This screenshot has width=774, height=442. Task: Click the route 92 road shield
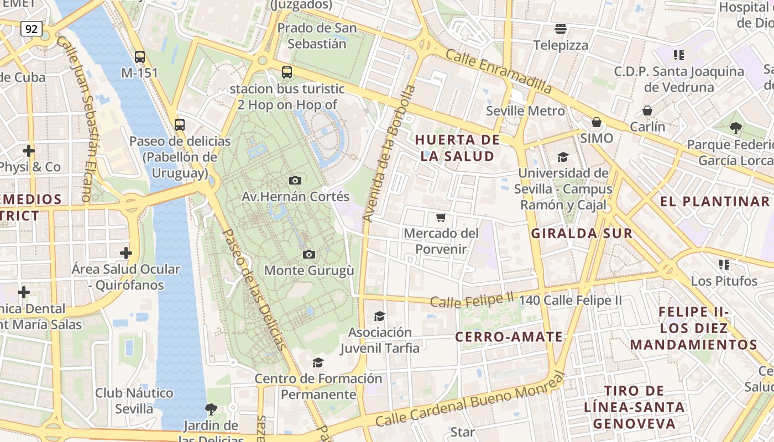click(32, 29)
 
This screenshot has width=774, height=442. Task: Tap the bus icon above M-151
click(140, 56)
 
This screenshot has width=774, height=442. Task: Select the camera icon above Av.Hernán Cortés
click(295, 180)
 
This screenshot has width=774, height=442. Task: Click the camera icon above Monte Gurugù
click(309, 254)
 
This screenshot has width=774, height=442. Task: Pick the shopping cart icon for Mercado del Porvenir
click(441, 217)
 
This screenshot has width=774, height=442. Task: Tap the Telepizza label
click(561, 45)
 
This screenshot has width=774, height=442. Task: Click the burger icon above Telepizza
click(561, 29)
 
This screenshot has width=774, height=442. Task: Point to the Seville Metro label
click(525, 110)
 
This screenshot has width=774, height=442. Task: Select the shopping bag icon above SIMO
click(597, 122)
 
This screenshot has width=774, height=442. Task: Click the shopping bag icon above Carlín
click(647, 110)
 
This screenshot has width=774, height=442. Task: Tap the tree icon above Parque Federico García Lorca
click(735, 128)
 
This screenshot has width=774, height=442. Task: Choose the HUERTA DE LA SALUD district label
click(457, 148)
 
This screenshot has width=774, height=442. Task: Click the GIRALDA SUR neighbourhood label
click(582, 233)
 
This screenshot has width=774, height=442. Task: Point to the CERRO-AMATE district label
click(509, 336)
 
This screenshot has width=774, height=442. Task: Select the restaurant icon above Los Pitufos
click(724, 265)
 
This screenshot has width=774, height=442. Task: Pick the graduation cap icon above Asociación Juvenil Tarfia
click(379, 316)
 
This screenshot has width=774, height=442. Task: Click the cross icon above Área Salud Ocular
click(126, 253)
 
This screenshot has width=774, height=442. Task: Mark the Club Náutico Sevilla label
click(134, 401)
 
